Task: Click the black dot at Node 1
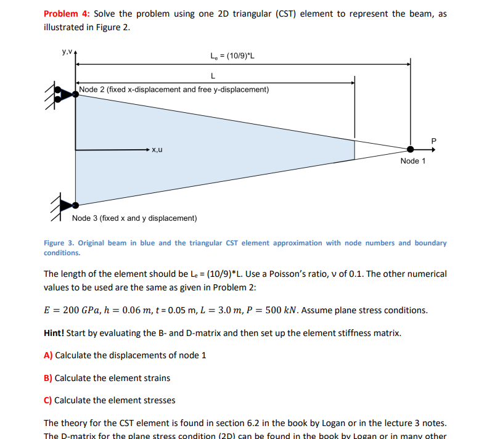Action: click(x=411, y=149)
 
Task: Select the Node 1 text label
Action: click(x=412, y=161)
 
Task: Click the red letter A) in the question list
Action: click(x=48, y=355)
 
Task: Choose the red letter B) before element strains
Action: click(x=48, y=377)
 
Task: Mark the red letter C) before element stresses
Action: click(x=48, y=400)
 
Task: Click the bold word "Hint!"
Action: click(x=54, y=333)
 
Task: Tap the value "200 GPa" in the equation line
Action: click(x=78, y=310)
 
